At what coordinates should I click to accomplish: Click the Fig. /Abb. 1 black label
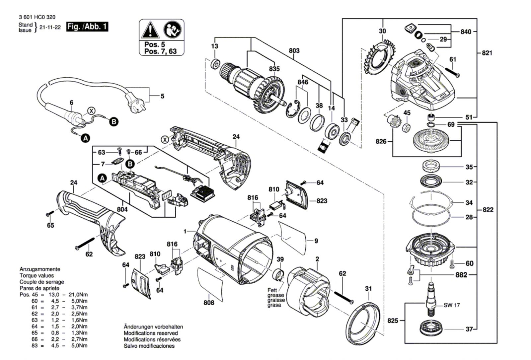(x=87, y=27)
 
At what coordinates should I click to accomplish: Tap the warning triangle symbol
(x=150, y=30)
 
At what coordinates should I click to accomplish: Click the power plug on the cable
(x=135, y=103)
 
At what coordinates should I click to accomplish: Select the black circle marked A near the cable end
(x=86, y=138)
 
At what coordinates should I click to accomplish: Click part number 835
(x=274, y=69)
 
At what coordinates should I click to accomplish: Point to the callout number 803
(x=294, y=50)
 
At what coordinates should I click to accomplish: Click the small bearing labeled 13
(x=215, y=64)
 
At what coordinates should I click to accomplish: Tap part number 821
(x=487, y=53)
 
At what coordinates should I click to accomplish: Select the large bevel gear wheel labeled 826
(x=432, y=141)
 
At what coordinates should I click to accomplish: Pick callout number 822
(x=488, y=209)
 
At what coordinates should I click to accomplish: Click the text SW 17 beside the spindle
(x=452, y=305)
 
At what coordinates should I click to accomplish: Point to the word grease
(x=276, y=295)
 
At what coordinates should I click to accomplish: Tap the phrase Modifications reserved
(x=151, y=333)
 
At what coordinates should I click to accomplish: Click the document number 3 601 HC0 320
(x=37, y=17)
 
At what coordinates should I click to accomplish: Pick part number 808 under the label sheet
(x=209, y=303)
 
